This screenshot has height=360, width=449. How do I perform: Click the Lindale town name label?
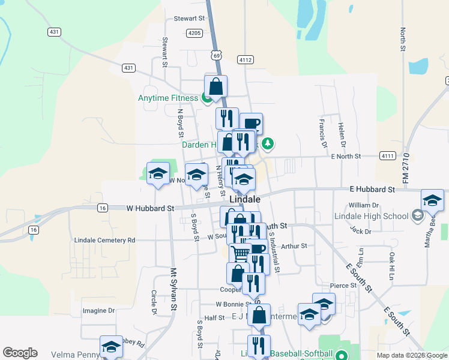(245, 199)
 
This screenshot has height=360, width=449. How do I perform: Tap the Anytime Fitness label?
(167, 98)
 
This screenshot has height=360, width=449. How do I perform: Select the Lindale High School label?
(378, 216)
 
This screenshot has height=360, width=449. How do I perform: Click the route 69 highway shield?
(216, 55)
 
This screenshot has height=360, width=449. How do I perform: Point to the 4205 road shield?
(194, 33)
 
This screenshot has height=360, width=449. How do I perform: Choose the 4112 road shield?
(245, 59)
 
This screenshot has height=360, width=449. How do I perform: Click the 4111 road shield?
(388, 156)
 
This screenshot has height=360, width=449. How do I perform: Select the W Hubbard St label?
(149, 208)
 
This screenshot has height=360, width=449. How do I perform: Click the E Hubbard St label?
(372, 189)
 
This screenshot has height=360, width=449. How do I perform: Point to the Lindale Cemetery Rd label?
(104, 240)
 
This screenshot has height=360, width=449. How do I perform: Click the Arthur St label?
(294, 245)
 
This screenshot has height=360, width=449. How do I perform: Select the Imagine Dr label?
(98, 310)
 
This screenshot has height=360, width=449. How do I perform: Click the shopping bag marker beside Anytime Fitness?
(216, 86)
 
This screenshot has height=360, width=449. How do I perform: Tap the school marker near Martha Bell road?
(432, 200)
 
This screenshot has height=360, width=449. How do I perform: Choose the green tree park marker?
(268, 143)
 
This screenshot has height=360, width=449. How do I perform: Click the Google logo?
(20, 353)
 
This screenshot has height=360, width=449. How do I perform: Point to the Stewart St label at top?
(189, 19)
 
